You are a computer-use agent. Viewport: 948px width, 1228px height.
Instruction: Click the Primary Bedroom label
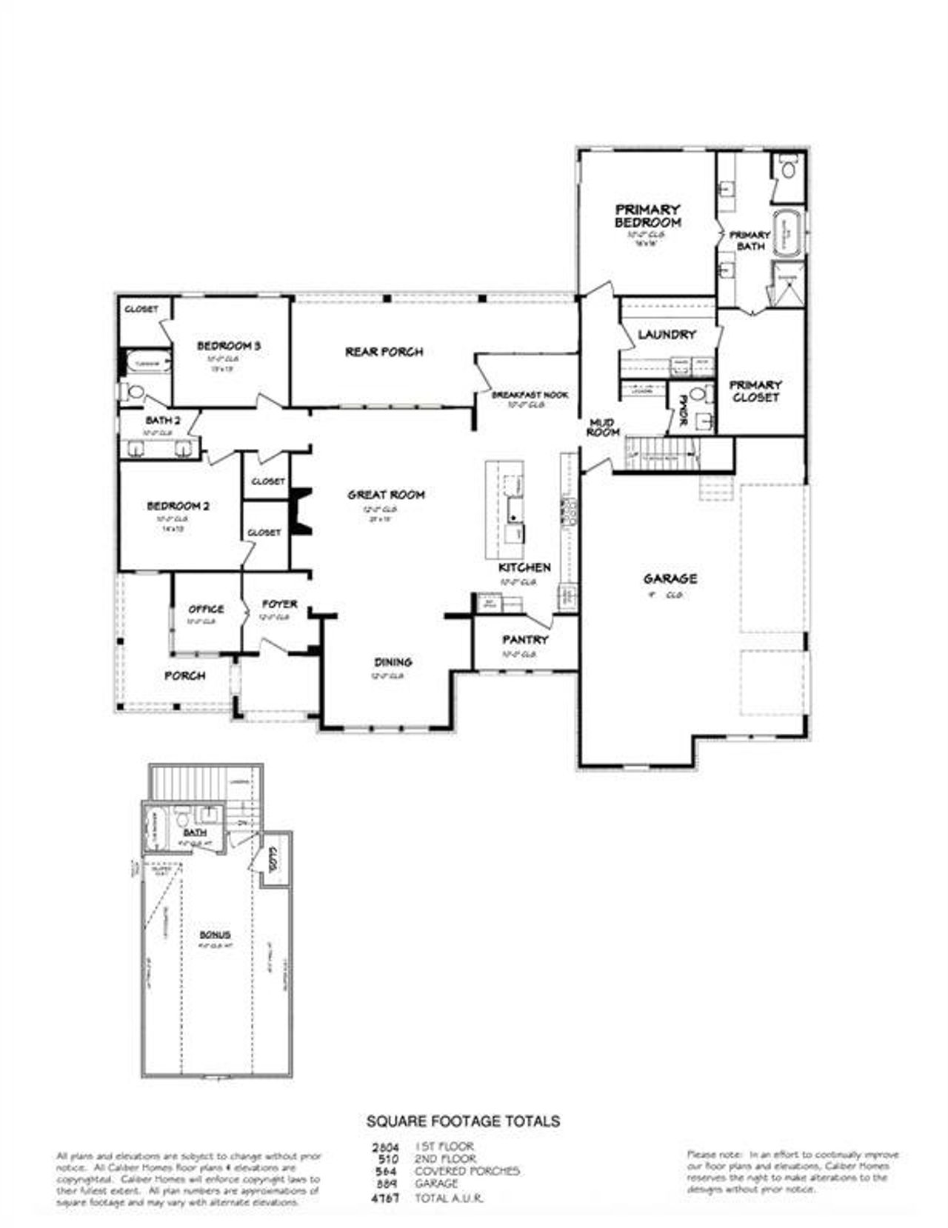(647, 216)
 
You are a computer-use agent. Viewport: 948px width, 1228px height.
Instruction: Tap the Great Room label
(387, 495)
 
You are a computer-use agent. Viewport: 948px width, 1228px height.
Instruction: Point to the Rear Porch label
(384, 352)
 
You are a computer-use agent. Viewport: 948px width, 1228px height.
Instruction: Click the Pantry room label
(525, 640)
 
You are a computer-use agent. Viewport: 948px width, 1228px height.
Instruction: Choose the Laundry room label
(667, 335)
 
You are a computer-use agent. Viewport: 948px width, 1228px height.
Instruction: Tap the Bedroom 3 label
(228, 346)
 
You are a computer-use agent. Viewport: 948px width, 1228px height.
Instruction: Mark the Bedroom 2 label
(178, 507)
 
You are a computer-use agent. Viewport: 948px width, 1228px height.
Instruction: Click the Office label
(206, 609)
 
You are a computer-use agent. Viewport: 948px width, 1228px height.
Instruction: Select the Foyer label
(280, 604)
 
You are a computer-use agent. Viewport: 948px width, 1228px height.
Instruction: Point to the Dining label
(393, 662)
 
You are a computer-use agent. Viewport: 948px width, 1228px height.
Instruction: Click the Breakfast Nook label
(530, 396)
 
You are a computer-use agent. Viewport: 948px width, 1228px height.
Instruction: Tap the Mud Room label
(603, 427)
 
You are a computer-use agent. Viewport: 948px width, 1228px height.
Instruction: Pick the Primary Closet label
(755, 390)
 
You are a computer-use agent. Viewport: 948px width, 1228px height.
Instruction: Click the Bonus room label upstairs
(215, 935)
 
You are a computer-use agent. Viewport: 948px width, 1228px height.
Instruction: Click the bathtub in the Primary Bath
(790, 233)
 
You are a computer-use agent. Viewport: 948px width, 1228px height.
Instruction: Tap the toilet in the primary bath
(788, 169)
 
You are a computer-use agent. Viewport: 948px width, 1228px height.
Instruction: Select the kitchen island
(504, 510)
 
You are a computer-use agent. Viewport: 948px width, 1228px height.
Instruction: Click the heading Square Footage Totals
(464, 1121)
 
